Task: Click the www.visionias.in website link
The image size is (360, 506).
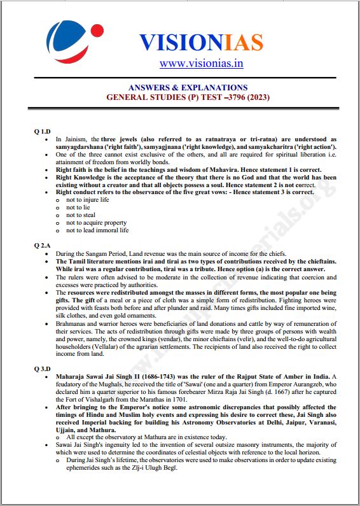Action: tap(201, 63)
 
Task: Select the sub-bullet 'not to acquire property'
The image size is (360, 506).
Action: tap(96, 222)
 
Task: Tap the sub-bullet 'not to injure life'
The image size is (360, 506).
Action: tap(87, 199)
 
